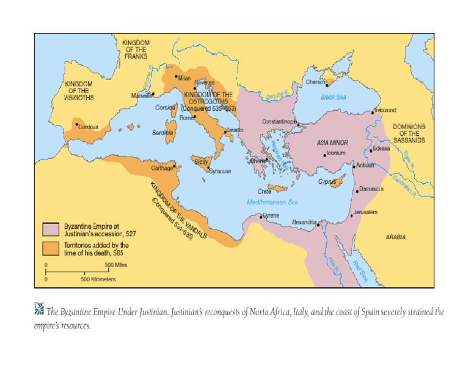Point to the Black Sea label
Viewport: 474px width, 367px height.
334,97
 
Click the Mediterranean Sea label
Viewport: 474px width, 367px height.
272,202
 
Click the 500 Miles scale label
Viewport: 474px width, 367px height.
115,265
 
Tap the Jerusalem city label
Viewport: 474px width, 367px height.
366,212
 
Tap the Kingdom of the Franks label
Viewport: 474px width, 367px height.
136,49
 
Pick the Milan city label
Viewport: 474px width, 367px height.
184,78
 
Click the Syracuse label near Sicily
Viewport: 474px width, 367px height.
221,171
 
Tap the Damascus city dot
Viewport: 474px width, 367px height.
357,191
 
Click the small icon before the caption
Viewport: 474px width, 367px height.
39,310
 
